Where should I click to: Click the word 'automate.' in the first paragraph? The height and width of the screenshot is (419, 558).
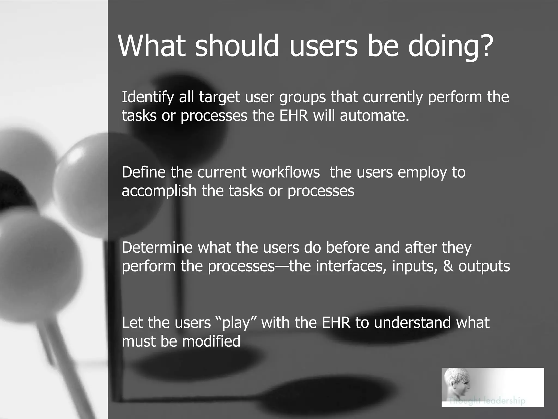[375, 116]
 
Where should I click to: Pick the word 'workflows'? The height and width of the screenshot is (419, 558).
[286, 172]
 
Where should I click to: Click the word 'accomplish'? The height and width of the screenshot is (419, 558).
[159, 191]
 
